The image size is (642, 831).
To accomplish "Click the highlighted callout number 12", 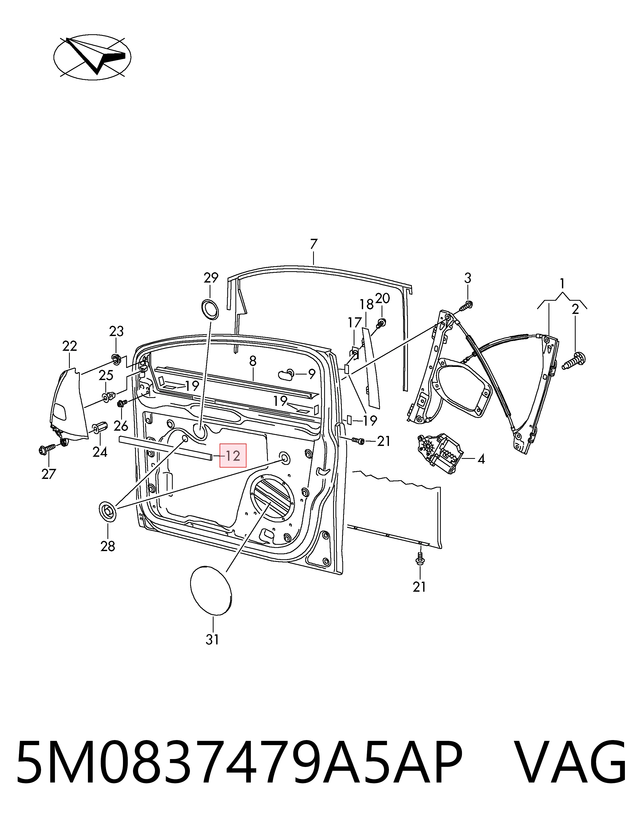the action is pos(233,455).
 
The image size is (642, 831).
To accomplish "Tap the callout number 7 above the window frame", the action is pos(314,244).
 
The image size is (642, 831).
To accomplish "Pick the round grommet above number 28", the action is pos(108,511).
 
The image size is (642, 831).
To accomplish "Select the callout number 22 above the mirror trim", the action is pos(70,346).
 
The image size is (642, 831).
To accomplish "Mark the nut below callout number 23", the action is pos(116,358).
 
